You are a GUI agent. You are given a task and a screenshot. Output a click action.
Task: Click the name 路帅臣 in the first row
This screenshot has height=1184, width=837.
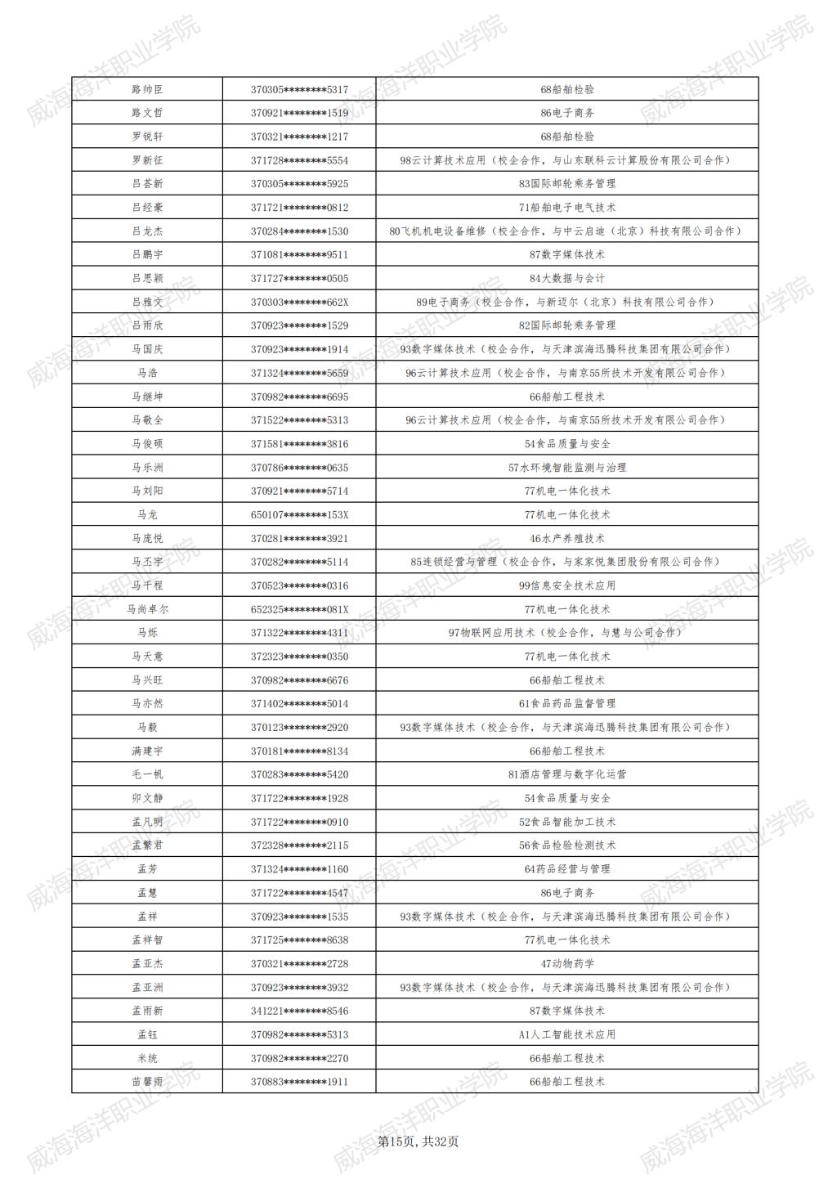point(147,89)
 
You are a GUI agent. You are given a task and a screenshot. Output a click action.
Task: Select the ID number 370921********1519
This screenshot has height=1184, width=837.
point(299,113)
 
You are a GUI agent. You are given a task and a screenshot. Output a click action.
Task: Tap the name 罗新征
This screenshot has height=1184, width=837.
point(147,160)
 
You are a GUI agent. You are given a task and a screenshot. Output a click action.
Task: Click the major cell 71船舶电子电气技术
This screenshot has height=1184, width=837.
point(567,208)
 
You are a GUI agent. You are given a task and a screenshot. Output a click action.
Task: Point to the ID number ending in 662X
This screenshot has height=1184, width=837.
point(299,303)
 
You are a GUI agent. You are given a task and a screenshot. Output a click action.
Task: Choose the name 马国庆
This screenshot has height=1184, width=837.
point(147,349)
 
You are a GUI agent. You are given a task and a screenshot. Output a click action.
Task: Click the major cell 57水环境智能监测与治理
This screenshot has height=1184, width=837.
point(567,468)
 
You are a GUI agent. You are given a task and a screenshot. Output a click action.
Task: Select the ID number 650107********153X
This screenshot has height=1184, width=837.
point(299,515)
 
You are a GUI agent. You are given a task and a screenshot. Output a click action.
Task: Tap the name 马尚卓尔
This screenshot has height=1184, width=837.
point(147,609)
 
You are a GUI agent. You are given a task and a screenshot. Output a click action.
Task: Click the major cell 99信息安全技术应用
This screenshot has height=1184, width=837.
point(567,585)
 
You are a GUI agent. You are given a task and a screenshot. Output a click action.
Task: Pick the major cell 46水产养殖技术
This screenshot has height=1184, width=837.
point(567,539)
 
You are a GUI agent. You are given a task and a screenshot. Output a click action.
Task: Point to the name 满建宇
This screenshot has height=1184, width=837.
point(147,751)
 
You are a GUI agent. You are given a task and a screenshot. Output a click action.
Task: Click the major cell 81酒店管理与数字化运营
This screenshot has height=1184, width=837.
point(567,774)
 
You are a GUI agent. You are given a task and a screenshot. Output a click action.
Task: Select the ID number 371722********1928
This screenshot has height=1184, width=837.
point(299,798)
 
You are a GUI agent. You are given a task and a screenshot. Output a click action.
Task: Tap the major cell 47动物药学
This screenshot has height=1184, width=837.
point(567,964)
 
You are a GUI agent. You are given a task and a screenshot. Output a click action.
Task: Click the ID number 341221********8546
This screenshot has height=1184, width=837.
point(299,1011)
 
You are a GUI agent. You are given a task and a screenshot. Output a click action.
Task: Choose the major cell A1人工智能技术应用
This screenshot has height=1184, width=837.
point(567,1034)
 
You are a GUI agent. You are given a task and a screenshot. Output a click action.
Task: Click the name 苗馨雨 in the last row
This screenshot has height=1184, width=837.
point(147,1082)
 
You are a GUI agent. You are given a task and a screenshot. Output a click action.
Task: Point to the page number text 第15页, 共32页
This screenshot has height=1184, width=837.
point(418,1141)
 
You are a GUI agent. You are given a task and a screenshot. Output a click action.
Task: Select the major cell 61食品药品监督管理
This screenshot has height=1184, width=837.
point(567,703)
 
